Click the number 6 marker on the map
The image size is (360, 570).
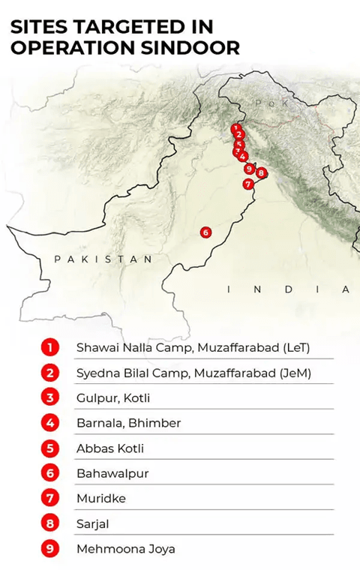[206, 232]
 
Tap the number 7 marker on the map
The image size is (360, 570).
[247, 184]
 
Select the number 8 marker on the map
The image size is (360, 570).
[261, 172]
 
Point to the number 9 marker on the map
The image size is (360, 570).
[248, 169]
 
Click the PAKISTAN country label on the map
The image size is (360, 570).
[103, 259]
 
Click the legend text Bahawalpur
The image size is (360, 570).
[112, 473]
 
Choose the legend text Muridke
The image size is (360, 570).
[100, 498]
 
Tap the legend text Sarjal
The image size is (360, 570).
[93, 523]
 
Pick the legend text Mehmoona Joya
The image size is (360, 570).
[126, 549]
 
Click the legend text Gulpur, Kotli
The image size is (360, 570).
[113, 397]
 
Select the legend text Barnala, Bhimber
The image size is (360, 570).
[128, 423]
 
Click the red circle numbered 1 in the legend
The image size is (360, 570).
[50, 347]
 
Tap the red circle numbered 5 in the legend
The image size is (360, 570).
[50, 448]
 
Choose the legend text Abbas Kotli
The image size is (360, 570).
[110, 448]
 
